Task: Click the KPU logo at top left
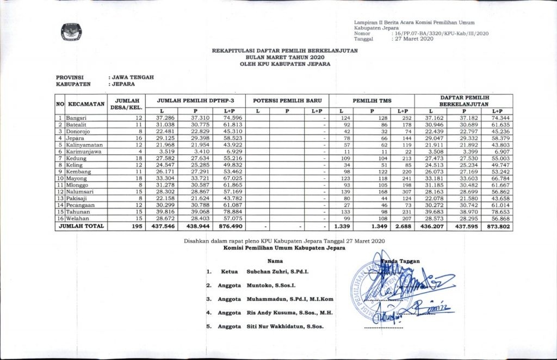click(69, 32)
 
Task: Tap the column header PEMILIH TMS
click(373, 101)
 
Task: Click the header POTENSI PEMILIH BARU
click(287, 101)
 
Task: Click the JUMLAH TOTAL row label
click(82, 225)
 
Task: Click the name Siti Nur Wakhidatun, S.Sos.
click(286, 326)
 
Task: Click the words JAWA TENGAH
click(133, 77)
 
